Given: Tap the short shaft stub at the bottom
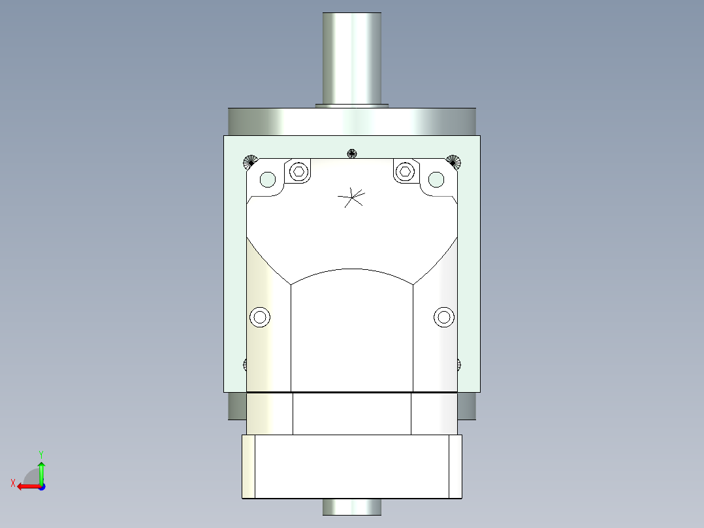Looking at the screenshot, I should point(352,506).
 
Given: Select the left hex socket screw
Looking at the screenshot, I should point(298,172).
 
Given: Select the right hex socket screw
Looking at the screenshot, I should point(405,172).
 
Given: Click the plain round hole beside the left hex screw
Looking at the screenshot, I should point(268,178).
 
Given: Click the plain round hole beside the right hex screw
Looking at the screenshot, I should point(436,178).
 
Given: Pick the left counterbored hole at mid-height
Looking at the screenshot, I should point(260,318).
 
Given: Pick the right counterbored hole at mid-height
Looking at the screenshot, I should point(444,318).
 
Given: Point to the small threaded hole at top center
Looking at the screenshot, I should point(352,154).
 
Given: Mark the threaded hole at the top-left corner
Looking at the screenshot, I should point(249,161).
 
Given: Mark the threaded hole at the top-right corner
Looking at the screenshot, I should point(454,161).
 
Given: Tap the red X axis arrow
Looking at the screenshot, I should point(27,486).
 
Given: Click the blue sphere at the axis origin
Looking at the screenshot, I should point(41,486).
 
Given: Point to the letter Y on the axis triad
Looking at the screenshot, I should point(40,453).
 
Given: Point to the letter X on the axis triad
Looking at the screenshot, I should point(12,483).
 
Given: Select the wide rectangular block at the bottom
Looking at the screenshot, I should point(352,466).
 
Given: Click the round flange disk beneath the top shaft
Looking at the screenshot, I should point(352,122).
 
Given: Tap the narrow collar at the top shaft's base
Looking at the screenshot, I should point(352,105).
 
